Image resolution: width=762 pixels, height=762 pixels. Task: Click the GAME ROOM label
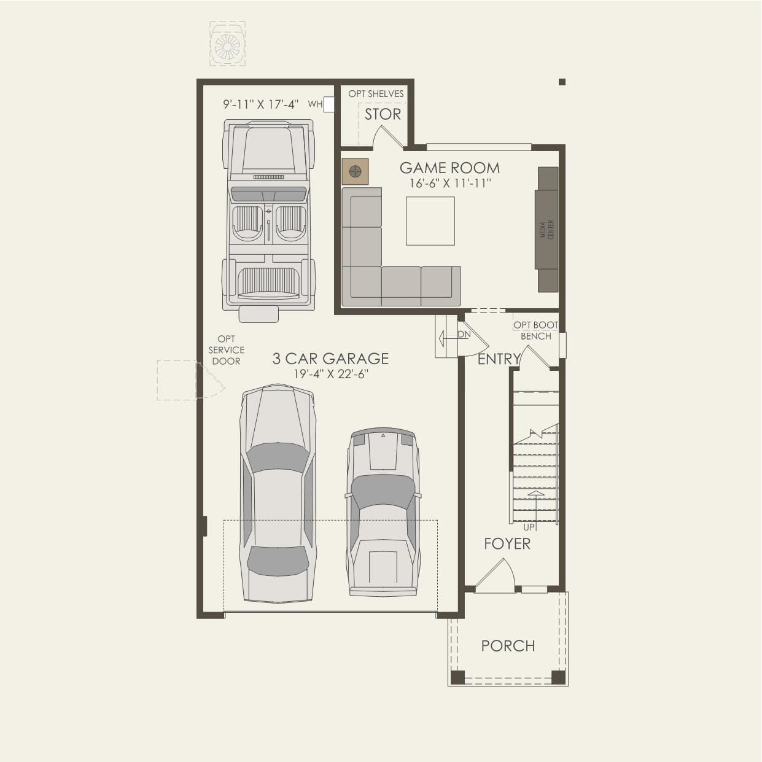tap(449, 168)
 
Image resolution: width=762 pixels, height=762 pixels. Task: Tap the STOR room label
tap(383, 114)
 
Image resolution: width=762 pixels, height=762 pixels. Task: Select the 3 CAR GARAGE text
tap(330, 359)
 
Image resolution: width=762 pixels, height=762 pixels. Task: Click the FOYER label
tap(507, 544)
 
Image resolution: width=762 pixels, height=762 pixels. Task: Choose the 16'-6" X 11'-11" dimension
tap(450, 183)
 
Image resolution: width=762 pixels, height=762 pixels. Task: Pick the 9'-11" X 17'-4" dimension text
tap(260, 104)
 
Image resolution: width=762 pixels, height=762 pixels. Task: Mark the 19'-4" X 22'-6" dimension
tap(331, 374)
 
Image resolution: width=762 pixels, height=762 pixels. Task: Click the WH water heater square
tap(329, 105)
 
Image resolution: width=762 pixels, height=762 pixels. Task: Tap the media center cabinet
tap(547, 230)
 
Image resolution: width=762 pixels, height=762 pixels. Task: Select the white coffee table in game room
tap(430, 221)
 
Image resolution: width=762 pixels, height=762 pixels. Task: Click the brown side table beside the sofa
tap(355, 171)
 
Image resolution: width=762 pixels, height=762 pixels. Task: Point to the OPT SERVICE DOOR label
tap(226, 350)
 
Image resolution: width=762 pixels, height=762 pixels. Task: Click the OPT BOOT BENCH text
tap(536, 330)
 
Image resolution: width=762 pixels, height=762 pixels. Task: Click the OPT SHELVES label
tap(376, 94)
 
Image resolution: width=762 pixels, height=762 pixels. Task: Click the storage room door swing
tap(389, 136)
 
